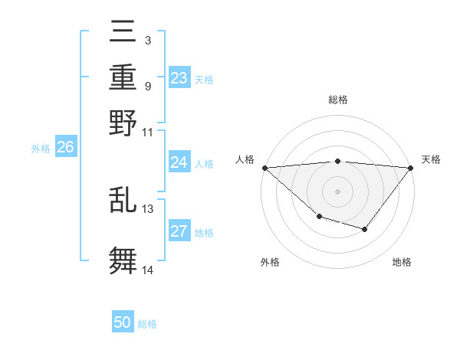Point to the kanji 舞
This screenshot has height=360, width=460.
pos(123,260)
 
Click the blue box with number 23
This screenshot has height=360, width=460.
pos(179,78)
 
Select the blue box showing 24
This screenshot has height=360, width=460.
pos(179,162)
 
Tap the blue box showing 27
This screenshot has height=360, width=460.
pos(179,232)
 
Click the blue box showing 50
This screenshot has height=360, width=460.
pos(123,323)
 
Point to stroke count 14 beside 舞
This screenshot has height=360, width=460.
pos(148,270)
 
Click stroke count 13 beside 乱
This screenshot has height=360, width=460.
pos(148,208)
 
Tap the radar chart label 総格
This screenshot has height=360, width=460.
pos(338,100)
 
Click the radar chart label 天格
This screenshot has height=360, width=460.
pos(431,159)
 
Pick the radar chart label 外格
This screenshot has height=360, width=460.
pos(270,262)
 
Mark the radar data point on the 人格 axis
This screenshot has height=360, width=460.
pos(264,168)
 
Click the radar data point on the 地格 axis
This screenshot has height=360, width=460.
pos(365,229)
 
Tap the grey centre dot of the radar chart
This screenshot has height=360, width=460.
pos(337,191)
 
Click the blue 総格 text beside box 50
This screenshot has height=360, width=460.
pos(148,324)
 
